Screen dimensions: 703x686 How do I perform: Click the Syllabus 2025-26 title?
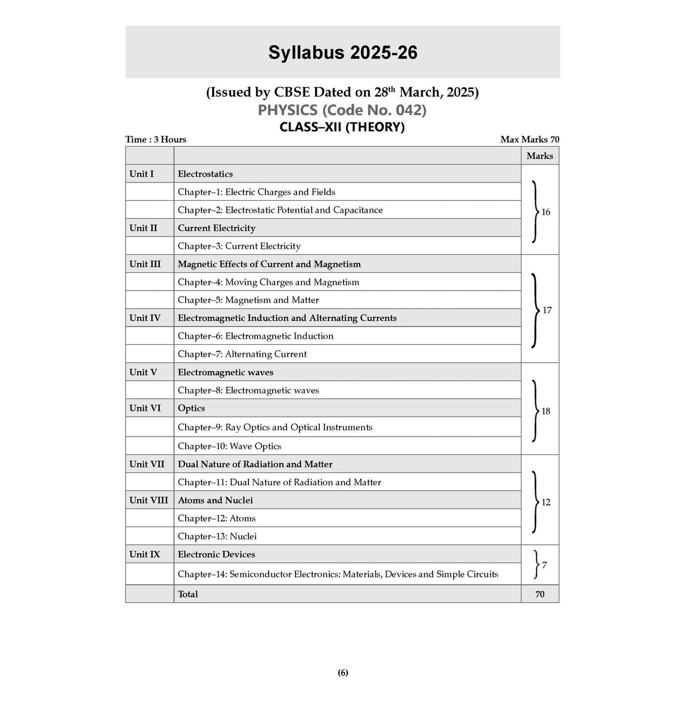(x=343, y=53)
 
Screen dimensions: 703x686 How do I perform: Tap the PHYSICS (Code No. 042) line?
(x=342, y=110)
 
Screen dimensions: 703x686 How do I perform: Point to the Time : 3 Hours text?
(x=156, y=140)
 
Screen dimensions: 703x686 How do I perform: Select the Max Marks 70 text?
(x=530, y=140)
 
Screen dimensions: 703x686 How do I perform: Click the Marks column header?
(x=539, y=156)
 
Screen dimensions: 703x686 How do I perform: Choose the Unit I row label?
(x=142, y=174)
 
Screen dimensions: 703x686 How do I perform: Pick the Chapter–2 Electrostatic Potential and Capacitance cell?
(x=280, y=210)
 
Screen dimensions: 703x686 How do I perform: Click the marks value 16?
(x=545, y=212)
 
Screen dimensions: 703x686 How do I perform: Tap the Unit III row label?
(x=145, y=264)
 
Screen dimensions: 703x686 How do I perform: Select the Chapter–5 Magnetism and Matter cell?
(x=248, y=300)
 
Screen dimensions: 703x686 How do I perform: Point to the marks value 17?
(x=547, y=310)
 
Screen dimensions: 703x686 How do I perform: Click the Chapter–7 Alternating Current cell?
(x=242, y=354)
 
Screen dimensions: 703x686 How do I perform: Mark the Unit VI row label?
(x=145, y=408)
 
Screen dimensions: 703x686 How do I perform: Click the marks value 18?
(x=546, y=411)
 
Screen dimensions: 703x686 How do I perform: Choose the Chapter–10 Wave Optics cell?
(x=230, y=446)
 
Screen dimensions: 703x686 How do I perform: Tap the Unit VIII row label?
(x=149, y=500)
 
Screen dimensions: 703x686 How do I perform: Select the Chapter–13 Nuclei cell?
(x=217, y=536)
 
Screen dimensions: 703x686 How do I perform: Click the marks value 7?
(x=544, y=565)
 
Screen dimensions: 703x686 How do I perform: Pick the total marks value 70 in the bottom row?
(x=539, y=594)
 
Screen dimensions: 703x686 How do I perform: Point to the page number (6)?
(x=343, y=673)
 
